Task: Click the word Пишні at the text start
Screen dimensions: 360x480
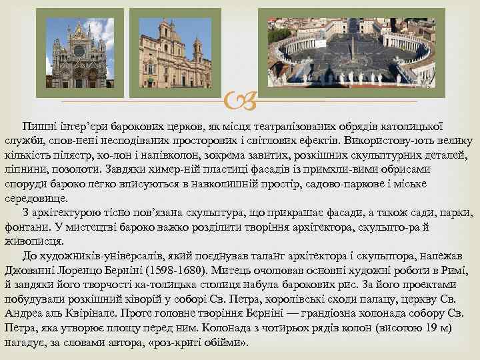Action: pyautogui.click(x=38, y=126)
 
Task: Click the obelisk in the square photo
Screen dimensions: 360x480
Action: pyautogui.click(x=352, y=47)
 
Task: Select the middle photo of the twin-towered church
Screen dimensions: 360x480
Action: pyautogui.click(x=175, y=53)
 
